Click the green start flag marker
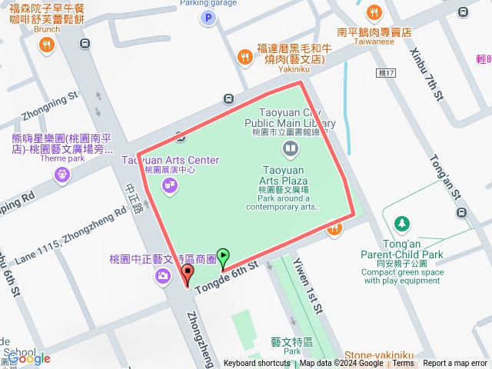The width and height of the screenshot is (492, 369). coord(223,258)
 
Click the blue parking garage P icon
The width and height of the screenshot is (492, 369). coord(205,18)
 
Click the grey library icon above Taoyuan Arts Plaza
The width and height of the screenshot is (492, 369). coord(291,148)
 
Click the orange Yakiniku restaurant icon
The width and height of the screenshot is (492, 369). coord(244,56)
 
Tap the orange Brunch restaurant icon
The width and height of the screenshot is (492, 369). coord(47,45)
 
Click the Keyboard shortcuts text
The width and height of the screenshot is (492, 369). coord(257,364)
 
